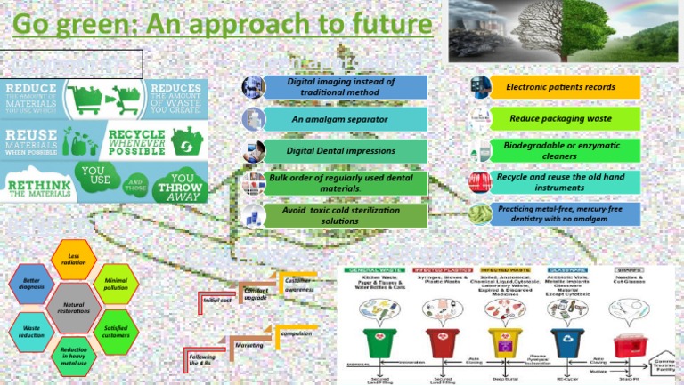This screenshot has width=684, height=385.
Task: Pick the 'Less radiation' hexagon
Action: point(76,260)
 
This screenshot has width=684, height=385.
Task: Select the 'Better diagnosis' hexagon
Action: point(31,285)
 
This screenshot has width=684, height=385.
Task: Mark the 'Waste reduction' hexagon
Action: point(31,333)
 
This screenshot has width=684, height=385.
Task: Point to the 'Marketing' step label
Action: point(248,343)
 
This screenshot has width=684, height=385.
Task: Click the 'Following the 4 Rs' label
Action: point(202,360)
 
